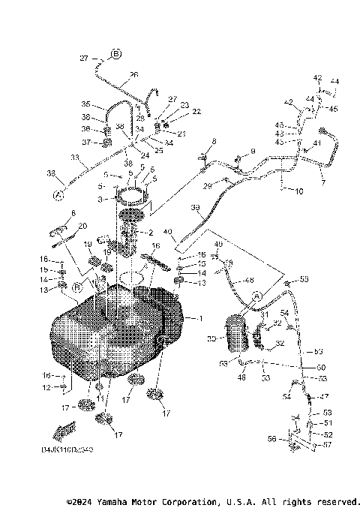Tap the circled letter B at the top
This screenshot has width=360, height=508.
116,53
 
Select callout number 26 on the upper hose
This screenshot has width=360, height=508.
133,74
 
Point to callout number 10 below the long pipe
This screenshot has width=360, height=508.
299,192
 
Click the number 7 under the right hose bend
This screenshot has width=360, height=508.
323,182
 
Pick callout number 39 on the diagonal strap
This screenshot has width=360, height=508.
195,208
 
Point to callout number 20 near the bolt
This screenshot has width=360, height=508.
82,225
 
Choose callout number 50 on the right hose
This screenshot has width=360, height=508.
320,367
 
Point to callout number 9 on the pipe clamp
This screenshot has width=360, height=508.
253,152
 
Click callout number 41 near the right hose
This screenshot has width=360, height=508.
317,143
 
